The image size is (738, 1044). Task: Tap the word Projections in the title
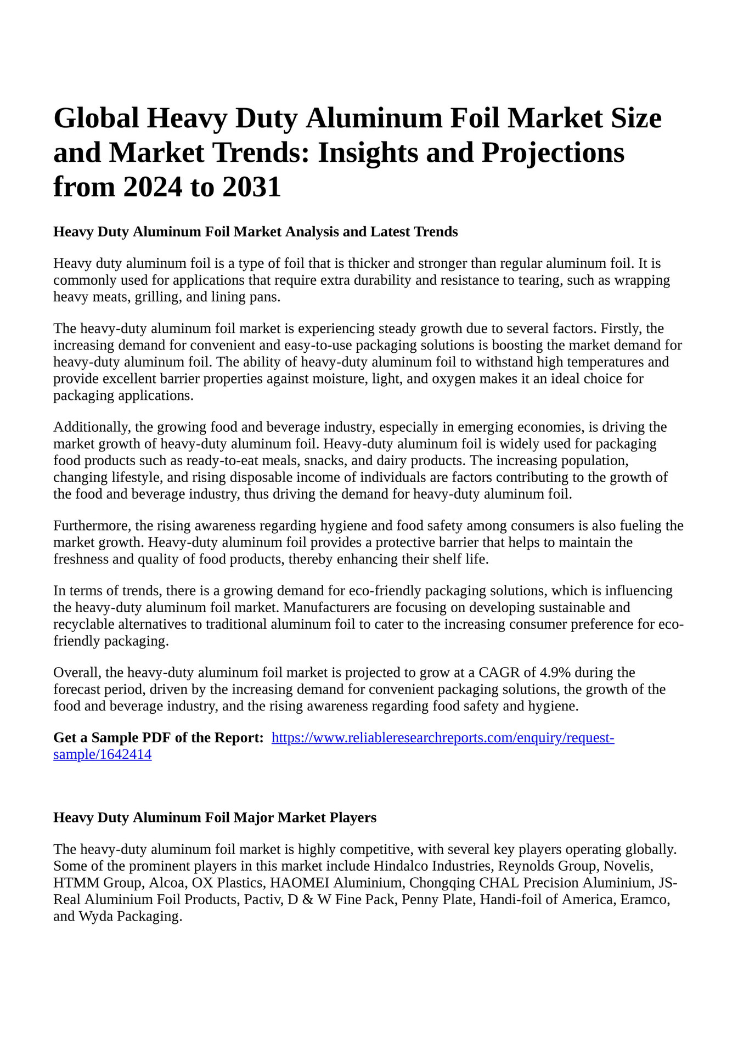(x=553, y=153)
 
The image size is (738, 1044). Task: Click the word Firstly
(x=622, y=329)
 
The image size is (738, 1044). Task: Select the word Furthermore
(x=92, y=526)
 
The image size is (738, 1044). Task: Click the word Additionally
(x=91, y=427)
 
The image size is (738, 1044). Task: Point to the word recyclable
(x=84, y=624)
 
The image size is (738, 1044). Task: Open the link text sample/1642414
(x=102, y=755)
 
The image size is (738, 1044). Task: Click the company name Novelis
(x=629, y=866)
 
